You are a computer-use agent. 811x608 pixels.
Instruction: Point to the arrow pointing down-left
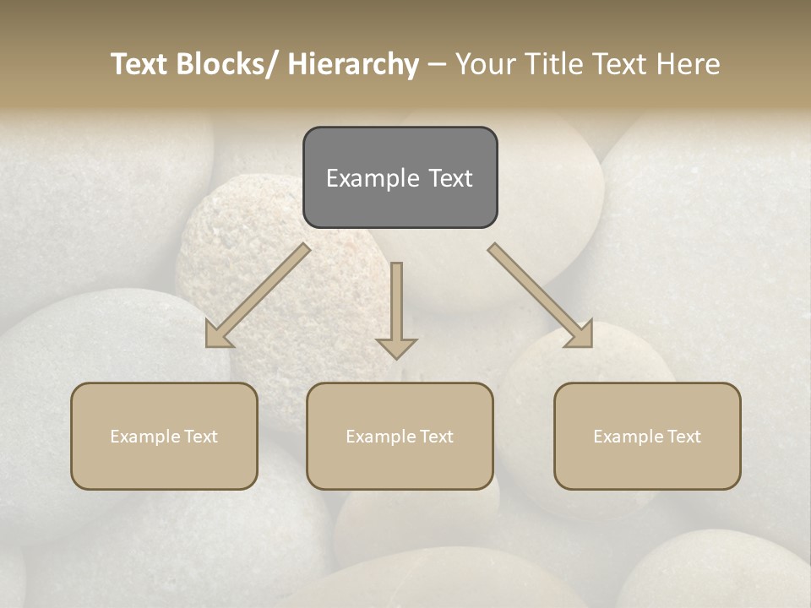262,292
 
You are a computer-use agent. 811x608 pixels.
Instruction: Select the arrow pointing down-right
537,292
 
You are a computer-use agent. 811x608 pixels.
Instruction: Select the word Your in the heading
487,64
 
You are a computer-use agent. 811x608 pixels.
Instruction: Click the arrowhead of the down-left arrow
219,334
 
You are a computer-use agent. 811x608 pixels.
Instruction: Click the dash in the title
437,64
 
